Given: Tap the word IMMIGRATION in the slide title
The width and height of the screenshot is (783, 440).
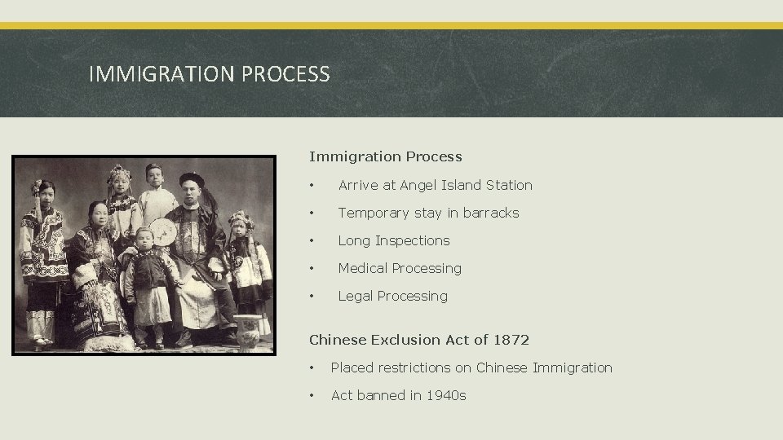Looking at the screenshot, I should (x=162, y=75).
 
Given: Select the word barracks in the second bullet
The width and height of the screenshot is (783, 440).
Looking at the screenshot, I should (x=489, y=213).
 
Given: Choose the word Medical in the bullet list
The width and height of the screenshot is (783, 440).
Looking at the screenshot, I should (x=365, y=268).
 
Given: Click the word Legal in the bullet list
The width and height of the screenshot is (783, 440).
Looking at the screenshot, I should (x=356, y=296).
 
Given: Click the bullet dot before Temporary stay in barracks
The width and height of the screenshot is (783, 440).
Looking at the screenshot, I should (x=313, y=213).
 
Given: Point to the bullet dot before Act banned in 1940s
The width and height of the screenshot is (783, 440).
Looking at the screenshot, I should (x=313, y=395).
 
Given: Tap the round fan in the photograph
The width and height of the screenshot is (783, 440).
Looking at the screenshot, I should (x=166, y=236).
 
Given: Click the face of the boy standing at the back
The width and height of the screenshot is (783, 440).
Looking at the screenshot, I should (x=154, y=177).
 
